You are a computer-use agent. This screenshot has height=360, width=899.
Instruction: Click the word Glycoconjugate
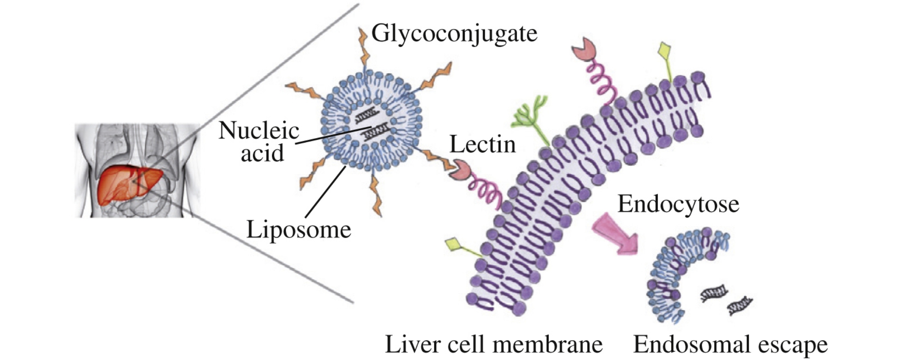click(454, 34)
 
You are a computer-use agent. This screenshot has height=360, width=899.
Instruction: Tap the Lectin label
click(482, 145)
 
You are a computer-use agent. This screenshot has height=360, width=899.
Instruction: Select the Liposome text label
click(299, 230)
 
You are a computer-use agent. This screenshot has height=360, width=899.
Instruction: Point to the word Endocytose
click(678, 204)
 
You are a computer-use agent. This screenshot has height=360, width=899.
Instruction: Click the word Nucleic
click(259, 131)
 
